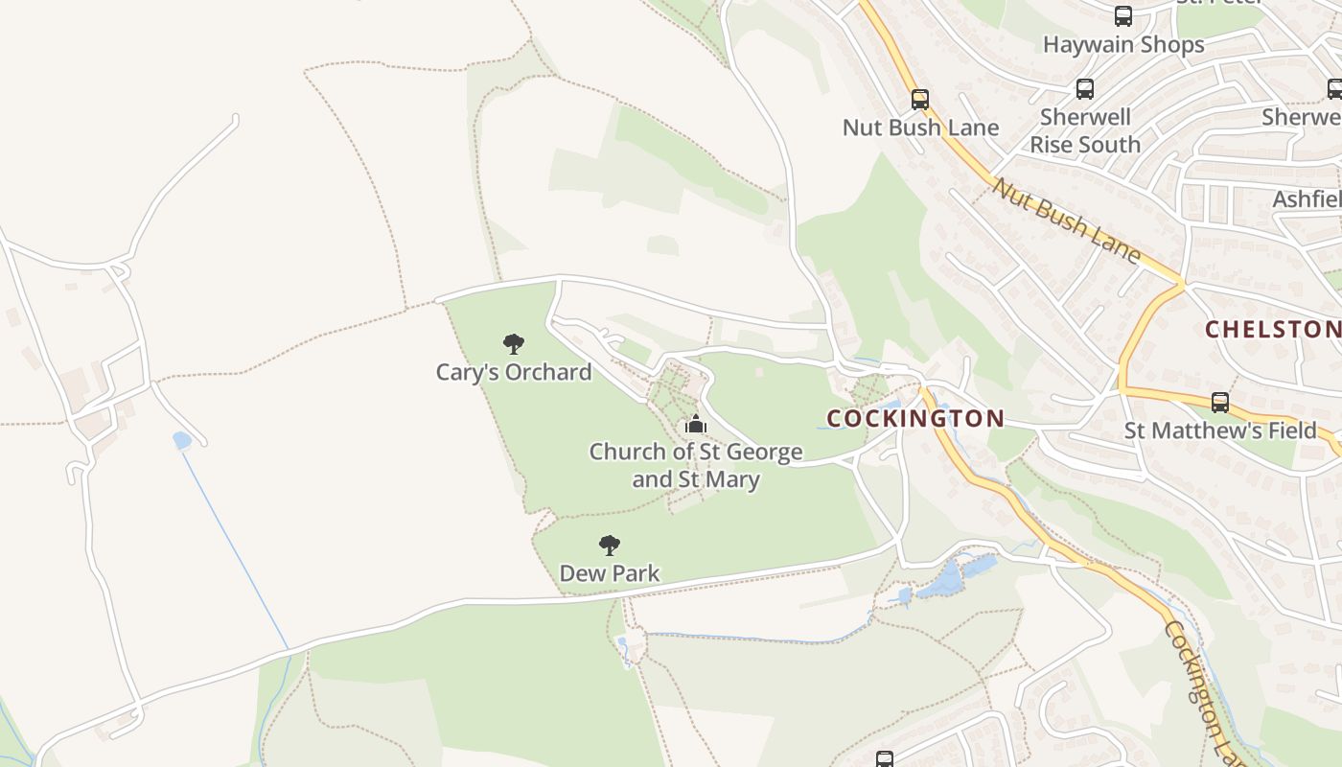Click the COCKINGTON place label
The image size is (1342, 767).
[x=914, y=418]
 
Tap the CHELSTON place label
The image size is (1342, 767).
[x=1272, y=329]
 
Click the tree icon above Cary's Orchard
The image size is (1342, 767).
[x=514, y=343]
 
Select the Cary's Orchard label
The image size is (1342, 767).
[x=514, y=372]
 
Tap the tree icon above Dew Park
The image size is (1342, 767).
[x=610, y=546]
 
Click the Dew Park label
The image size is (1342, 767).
[x=610, y=573]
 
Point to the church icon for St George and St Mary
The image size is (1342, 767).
[x=696, y=424]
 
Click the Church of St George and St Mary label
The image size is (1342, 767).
[x=696, y=465]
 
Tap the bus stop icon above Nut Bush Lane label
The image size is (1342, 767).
[x=920, y=99]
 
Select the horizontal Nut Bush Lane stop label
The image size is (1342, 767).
[x=920, y=128]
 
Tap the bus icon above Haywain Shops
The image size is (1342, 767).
[x=1123, y=16]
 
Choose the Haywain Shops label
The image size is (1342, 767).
[x=1123, y=45]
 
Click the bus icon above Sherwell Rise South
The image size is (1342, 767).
[x=1085, y=89]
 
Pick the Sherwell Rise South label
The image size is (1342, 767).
[x=1085, y=131]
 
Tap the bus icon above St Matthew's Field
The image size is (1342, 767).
[x=1220, y=403]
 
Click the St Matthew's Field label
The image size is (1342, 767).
[x=1220, y=430]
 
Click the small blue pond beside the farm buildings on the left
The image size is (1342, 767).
[x=182, y=440]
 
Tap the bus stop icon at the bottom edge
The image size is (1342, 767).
[x=885, y=759]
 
